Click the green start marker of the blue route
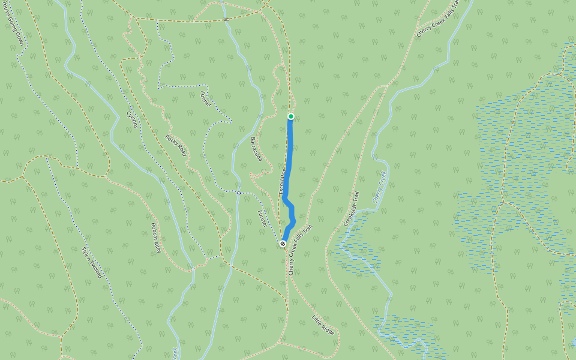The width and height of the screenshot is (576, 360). [290, 116]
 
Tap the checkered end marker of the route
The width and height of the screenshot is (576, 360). [283, 243]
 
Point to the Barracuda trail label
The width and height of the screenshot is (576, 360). [256, 149]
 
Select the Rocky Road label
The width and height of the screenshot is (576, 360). [176, 145]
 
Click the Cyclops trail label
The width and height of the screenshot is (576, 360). [132, 119]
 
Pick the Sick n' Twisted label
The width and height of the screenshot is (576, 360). [92, 262]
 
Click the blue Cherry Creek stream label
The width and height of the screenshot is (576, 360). [379, 187]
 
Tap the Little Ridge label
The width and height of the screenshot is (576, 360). [323, 325]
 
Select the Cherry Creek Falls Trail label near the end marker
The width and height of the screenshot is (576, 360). [300, 250]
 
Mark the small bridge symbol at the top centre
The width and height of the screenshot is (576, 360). [226, 19]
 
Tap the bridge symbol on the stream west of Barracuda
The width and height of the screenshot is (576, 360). [238, 193]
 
